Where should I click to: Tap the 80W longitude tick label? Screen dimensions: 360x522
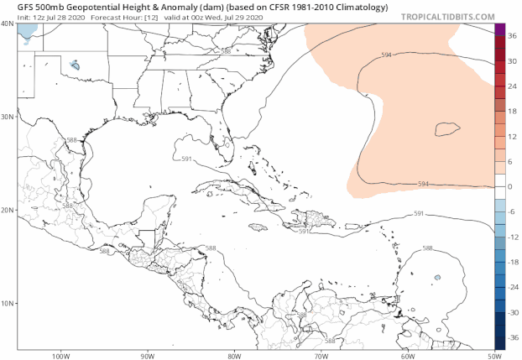(234, 355)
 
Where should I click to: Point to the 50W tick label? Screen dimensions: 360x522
(489, 355)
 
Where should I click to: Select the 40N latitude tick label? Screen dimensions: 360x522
(8, 23)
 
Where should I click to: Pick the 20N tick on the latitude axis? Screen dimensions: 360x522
(8, 210)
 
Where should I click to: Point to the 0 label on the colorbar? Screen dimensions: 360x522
(509, 186)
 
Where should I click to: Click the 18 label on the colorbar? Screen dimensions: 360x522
(510, 112)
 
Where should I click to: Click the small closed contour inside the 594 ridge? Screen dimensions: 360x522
(447, 129)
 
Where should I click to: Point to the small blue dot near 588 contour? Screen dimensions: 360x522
(437, 278)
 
